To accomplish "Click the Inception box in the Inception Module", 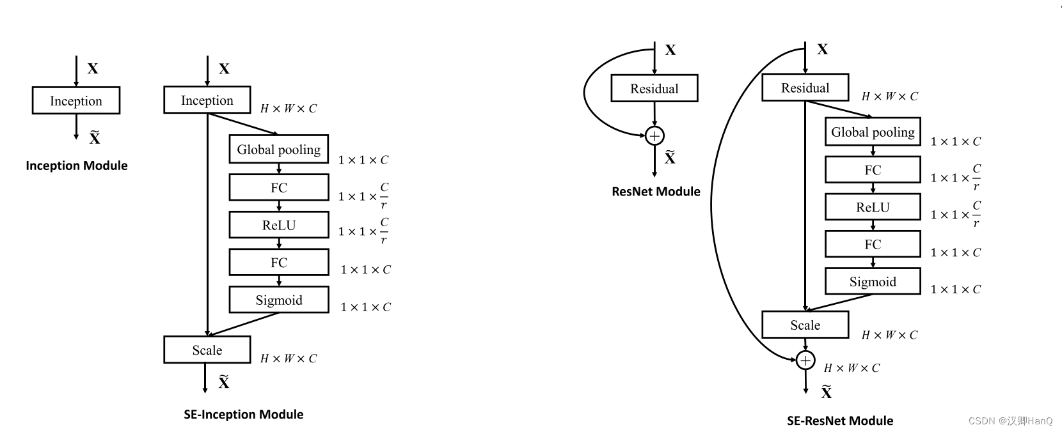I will coord(76,101).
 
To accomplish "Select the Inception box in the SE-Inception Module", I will coord(207,100).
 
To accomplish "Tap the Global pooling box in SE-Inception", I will coord(279,150).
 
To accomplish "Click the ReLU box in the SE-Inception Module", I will coord(279,225).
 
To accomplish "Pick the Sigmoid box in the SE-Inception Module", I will coord(279,300).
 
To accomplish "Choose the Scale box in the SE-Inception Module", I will coord(207,350).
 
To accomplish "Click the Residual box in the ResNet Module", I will coord(654,89).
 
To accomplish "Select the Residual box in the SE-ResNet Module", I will coord(805,88).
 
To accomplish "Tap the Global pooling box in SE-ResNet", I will coord(873,132).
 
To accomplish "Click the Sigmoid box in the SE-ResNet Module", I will coord(873,282).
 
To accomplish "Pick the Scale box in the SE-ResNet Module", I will coord(805,325).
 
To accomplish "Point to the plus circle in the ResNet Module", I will coord(654,135).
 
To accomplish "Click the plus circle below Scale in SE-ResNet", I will coord(805,361).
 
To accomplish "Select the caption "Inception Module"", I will coord(77,166).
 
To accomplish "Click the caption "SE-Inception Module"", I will coord(244,414).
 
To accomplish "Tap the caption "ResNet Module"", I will coord(656,191).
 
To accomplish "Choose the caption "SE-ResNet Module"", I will coord(840,420).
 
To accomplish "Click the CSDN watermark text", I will coord(1010,420).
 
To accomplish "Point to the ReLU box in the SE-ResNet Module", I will coord(873,207).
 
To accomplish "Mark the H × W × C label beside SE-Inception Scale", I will coord(289,359).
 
